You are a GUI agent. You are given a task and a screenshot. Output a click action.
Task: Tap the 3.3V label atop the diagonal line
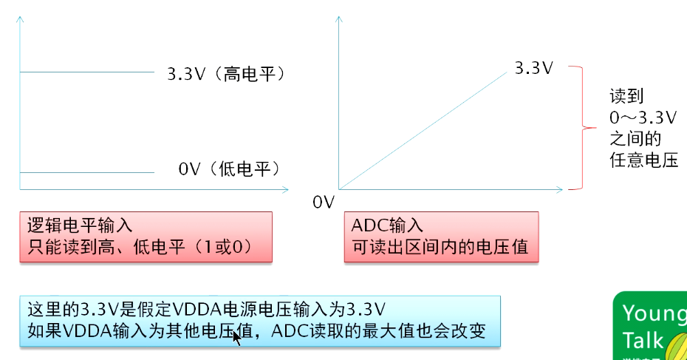click(534, 68)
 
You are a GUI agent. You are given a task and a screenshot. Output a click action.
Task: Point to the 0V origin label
click(324, 202)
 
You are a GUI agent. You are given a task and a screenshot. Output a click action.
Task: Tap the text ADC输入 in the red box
click(388, 226)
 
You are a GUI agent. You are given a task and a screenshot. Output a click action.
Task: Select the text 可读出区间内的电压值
click(440, 247)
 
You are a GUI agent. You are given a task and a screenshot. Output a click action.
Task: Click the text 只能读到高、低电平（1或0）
click(140, 247)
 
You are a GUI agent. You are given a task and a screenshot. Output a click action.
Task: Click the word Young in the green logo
click(654, 313)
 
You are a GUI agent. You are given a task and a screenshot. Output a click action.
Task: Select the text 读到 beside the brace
click(626, 97)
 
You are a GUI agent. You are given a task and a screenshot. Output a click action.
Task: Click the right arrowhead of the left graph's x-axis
click(284, 190)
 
